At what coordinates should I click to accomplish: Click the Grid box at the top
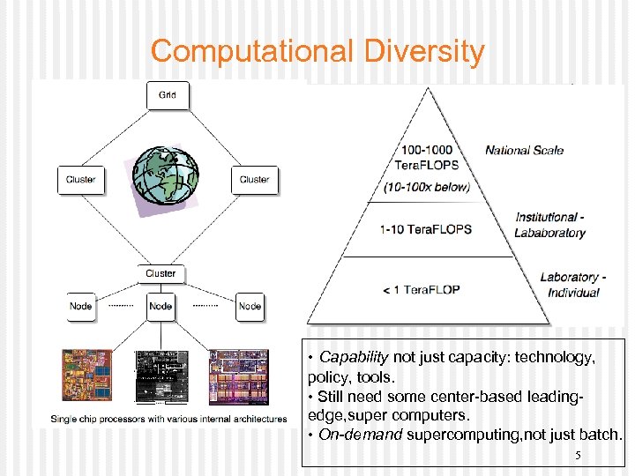point(167,95)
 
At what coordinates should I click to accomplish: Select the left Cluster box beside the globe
point(81,180)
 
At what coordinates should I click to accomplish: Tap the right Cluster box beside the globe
point(254,180)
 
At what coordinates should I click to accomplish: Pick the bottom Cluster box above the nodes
point(161,273)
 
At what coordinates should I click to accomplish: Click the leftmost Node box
point(80,307)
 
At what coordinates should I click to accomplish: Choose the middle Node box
point(161,307)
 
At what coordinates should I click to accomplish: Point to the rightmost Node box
point(250,307)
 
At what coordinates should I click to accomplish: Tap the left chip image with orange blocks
point(87,377)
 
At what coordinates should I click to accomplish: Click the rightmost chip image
point(237,377)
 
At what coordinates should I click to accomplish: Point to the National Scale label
point(524,150)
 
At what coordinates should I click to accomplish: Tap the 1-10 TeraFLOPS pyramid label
point(426,229)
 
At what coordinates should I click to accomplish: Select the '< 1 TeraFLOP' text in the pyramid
point(422,289)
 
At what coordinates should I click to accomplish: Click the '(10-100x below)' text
point(426,187)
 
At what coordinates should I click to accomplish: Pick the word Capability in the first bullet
point(354,357)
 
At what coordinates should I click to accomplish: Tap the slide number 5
point(578,456)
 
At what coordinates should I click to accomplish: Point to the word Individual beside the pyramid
point(573,293)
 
